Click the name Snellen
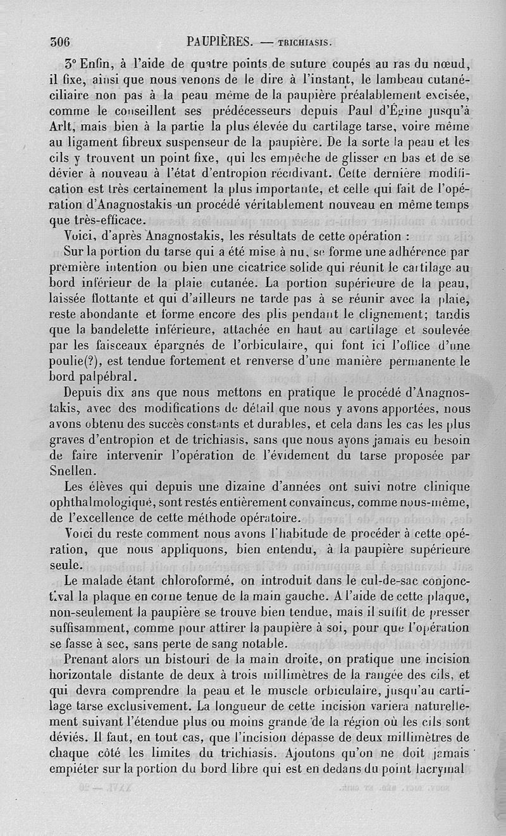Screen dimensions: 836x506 coord(71,470)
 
